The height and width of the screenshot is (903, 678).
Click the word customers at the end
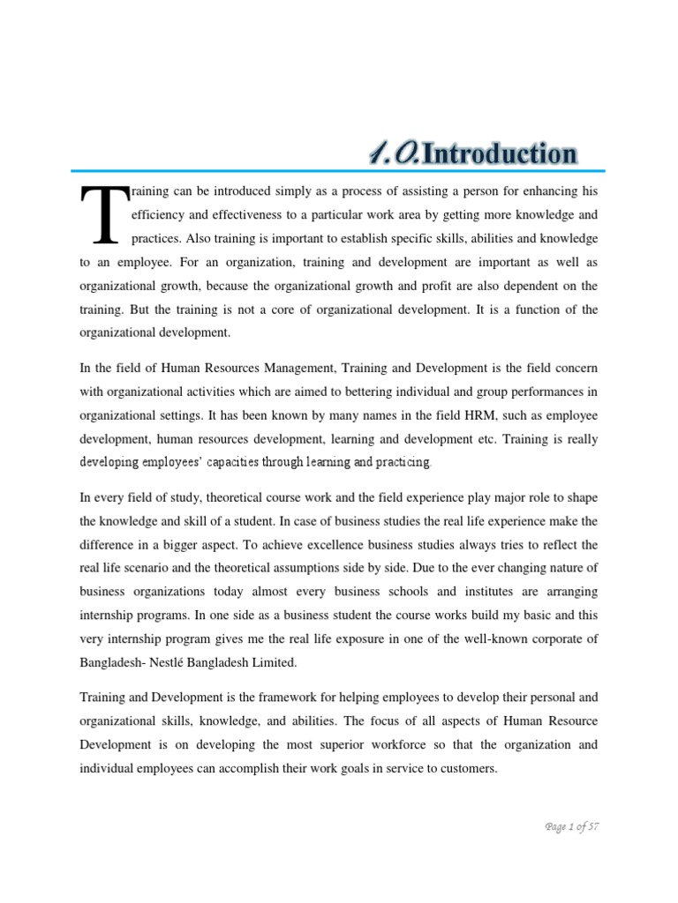[466, 768]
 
